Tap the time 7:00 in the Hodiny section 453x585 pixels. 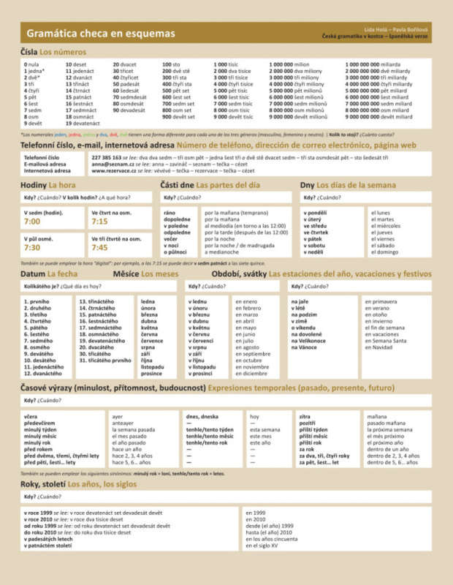[x=32, y=221]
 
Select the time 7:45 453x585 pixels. [x=99, y=248]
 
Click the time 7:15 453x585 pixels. [x=99, y=221]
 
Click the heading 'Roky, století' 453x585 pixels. [x=48, y=483]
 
